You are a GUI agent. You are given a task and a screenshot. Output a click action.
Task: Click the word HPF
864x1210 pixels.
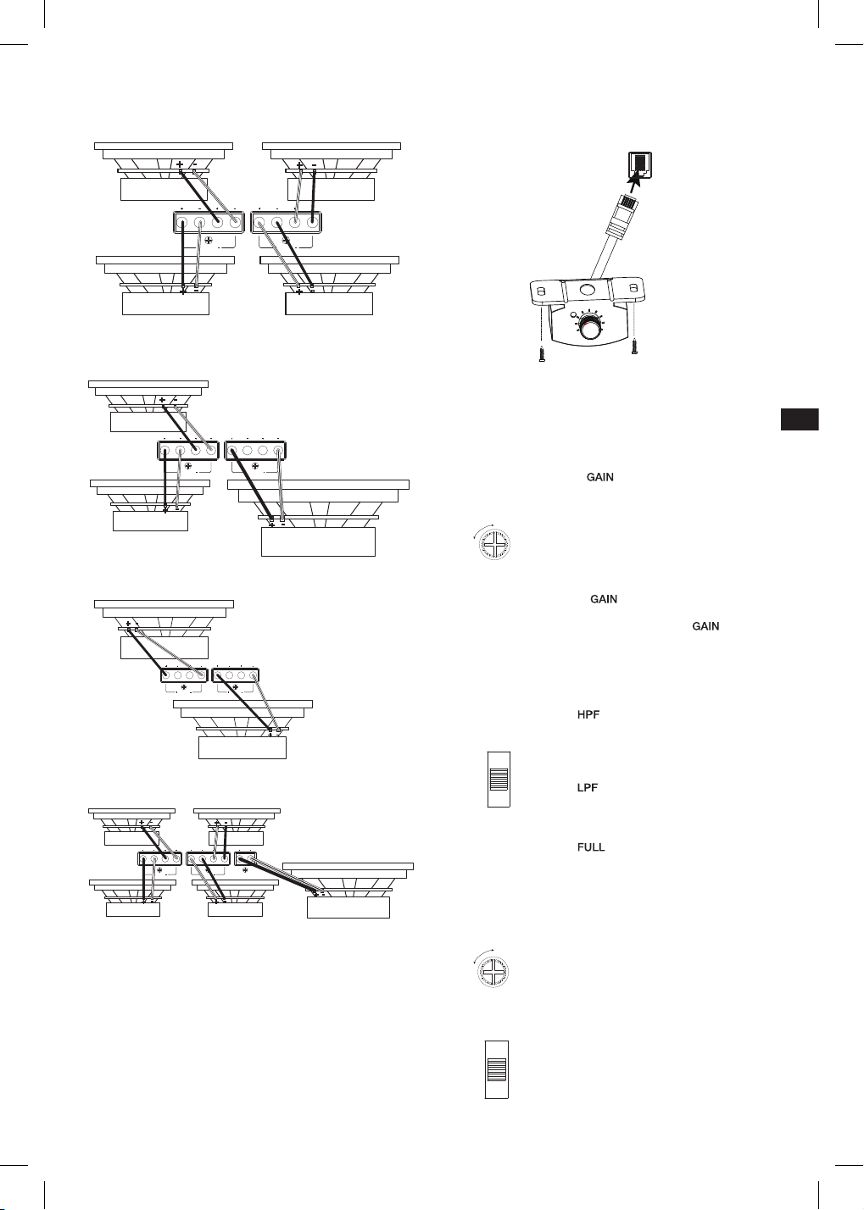(588, 714)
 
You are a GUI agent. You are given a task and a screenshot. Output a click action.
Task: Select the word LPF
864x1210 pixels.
(588, 787)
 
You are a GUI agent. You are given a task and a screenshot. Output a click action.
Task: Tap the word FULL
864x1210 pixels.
(591, 847)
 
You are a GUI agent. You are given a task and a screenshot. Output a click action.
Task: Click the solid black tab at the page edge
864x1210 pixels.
(800, 419)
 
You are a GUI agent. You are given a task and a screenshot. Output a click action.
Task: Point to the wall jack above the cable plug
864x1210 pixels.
(639, 166)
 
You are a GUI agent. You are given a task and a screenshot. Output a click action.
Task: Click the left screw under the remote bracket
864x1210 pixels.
(542, 354)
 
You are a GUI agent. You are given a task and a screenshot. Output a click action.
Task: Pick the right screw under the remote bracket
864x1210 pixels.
(635, 347)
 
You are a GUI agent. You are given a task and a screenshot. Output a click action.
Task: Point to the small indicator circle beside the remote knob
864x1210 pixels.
(572, 314)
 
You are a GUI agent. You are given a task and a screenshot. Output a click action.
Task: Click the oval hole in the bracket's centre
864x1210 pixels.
(587, 290)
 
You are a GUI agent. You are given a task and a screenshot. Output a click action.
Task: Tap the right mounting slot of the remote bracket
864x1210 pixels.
(633, 287)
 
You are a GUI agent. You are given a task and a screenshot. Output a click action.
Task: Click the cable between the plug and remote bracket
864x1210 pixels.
(603, 254)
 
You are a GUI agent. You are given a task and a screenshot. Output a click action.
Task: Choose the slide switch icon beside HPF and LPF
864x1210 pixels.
(499, 779)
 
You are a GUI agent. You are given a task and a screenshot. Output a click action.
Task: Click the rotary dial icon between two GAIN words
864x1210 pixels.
(494, 544)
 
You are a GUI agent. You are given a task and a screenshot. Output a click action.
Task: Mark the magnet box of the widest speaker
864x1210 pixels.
(319, 541)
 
